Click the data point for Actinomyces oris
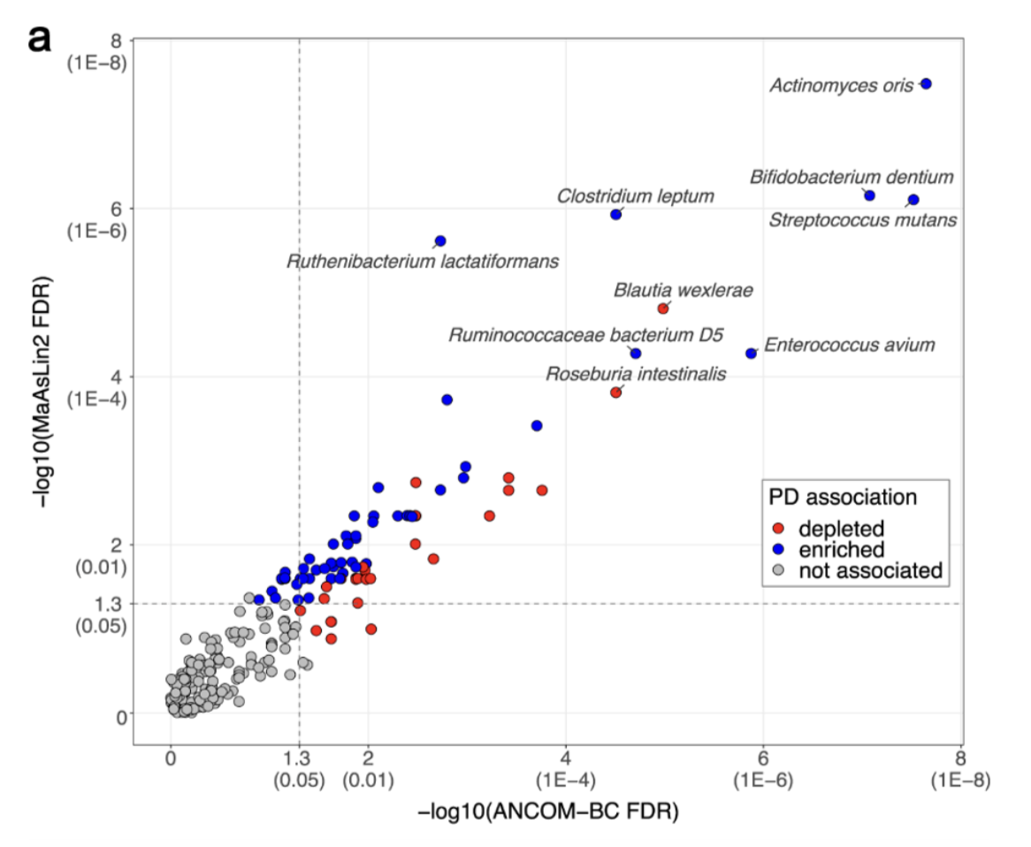[926, 84]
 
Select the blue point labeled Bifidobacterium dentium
[869, 195]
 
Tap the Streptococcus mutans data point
[913, 200]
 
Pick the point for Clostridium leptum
[616, 215]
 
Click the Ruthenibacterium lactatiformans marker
[440, 241]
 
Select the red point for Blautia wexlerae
[663, 309]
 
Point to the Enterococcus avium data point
[752, 353]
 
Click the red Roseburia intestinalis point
[616, 393]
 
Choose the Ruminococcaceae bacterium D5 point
[635, 354]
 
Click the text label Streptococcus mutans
[862, 220]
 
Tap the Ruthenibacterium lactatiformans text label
[423, 263]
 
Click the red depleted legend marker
[778, 529]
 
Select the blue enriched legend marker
[778, 550]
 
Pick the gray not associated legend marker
[778, 571]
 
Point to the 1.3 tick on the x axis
[299, 758]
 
